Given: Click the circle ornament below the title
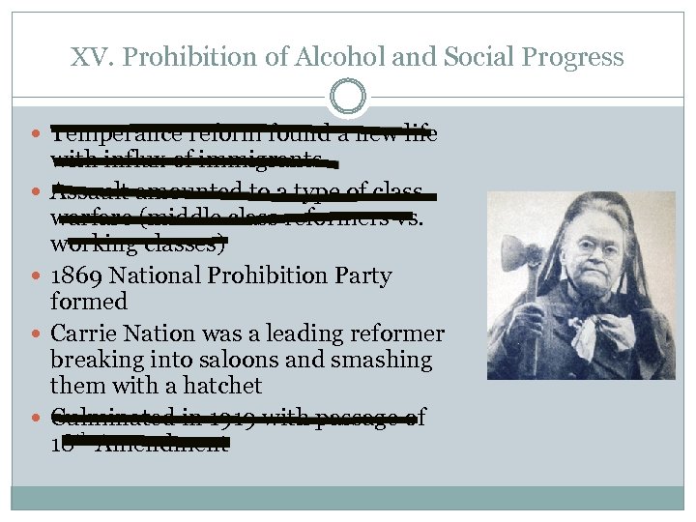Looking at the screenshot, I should [x=348, y=97].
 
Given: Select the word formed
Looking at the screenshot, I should [x=89, y=302].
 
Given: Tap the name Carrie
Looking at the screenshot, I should [x=81, y=334].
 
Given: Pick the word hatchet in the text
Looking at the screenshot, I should [x=225, y=386].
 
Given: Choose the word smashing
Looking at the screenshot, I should [x=386, y=360].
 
